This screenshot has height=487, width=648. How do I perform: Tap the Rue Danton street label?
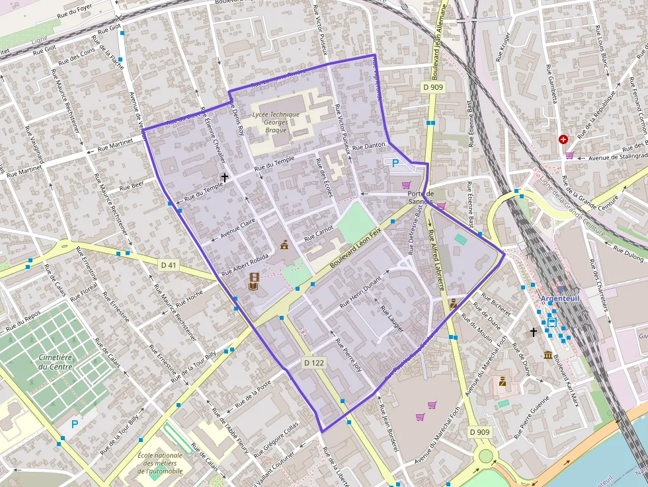[x=368, y=145]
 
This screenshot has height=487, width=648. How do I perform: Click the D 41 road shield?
[x=169, y=265]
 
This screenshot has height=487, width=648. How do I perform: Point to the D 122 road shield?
[x=315, y=363]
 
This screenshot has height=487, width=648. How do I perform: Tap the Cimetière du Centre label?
[x=56, y=361]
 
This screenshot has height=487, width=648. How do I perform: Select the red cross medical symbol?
[x=563, y=140]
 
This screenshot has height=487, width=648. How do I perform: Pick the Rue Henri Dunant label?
[x=360, y=292]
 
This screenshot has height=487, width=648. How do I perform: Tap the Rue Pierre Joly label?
[x=349, y=356]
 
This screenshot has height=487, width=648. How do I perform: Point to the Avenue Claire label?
[x=238, y=228]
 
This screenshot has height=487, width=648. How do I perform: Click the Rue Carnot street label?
[x=319, y=234]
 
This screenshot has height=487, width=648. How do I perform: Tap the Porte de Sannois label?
[x=420, y=197]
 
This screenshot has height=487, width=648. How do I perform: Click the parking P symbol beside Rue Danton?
[x=395, y=163]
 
